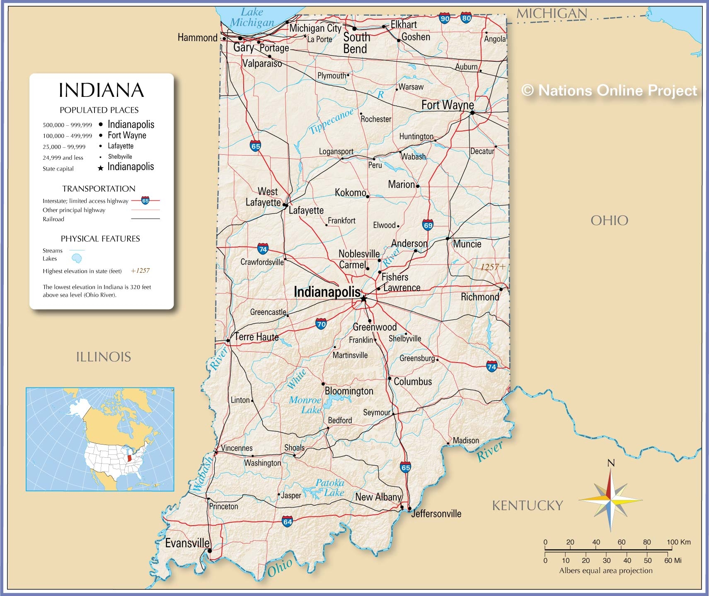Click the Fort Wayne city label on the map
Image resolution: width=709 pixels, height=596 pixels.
click(x=447, y=105)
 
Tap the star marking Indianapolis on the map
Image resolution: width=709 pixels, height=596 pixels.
click(x=363, y=298)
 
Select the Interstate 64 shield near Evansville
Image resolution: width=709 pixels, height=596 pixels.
click(x=288, y=521)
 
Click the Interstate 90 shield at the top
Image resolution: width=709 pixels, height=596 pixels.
click(x=445, y=19)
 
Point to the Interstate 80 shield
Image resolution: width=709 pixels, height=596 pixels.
click(x=466, y=18)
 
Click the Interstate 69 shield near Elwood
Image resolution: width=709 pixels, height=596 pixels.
click(x=428, y=225)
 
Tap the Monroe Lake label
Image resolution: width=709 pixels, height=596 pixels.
click(x=306, y=405)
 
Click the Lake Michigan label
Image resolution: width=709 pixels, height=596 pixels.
click(x=252, y=17)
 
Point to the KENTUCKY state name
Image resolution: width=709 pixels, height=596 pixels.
click(x=527, y=505)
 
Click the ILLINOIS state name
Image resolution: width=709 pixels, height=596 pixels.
click(x=103, y=357)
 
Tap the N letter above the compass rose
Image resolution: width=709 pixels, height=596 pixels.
click(x=611, y=463)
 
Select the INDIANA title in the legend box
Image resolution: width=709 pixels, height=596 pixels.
click(x=101, y=90)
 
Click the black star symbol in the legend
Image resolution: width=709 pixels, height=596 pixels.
click(x=100, y=168)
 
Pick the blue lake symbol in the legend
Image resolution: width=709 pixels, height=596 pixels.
click(x=77, y=259)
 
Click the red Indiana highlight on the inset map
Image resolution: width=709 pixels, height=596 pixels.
click(x=129, y=459)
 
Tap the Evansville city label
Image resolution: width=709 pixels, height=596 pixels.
click(x=187, y=543)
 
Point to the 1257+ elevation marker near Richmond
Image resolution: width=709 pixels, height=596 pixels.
click(x=492, y=267)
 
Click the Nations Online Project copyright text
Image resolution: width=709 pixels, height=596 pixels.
click(x=609, y=90)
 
